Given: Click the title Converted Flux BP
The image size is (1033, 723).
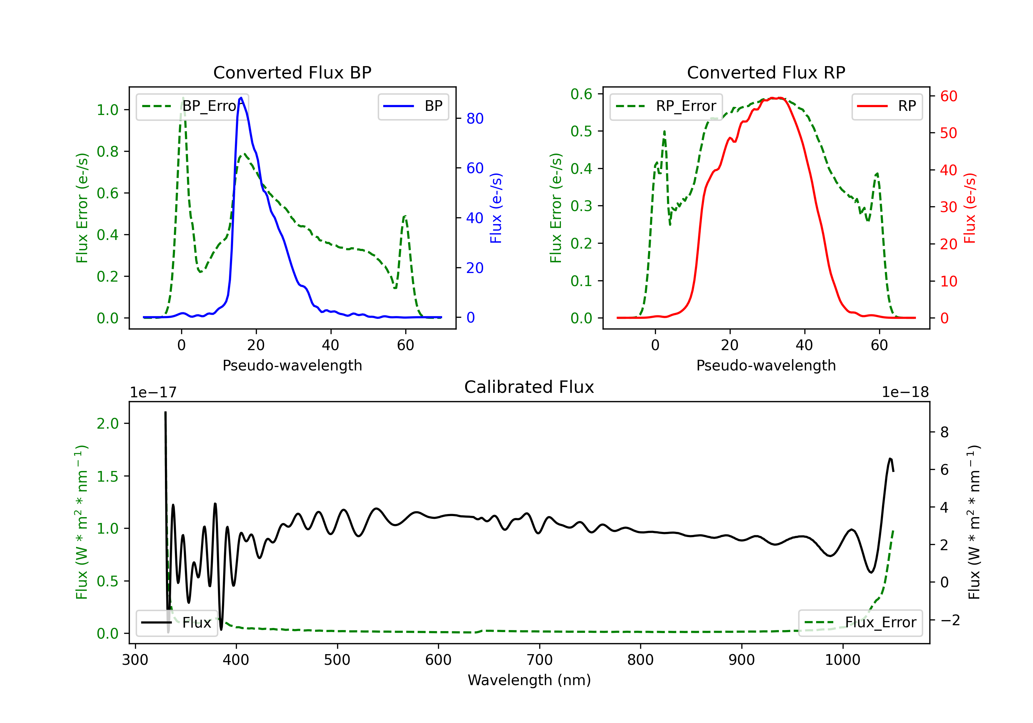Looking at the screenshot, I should tap(292, 72).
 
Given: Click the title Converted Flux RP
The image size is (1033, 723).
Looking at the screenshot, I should tap(766, 72).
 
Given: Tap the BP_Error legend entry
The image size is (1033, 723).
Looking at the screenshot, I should tap(192, 106).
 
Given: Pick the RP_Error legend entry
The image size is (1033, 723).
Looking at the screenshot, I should tap(666, 106).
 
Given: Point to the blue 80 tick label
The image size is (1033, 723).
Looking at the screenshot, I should tap(474, 119).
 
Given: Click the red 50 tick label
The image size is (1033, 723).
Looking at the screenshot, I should tap(948, 133).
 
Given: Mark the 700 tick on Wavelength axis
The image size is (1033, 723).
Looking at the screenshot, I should tap(540, 660).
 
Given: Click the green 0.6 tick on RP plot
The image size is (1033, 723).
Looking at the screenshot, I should tap(581, 94).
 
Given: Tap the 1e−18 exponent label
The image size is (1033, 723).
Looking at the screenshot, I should tap(905, 392).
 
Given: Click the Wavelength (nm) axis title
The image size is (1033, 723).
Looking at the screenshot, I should tap(529, 680).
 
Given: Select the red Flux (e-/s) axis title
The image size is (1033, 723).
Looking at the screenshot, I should tap(970, 208).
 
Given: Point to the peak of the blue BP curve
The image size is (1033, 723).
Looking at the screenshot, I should tap(241, 98).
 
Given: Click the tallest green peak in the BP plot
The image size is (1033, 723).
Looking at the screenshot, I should tap(182, 98).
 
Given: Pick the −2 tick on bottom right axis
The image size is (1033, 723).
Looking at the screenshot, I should tap(950, 620).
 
